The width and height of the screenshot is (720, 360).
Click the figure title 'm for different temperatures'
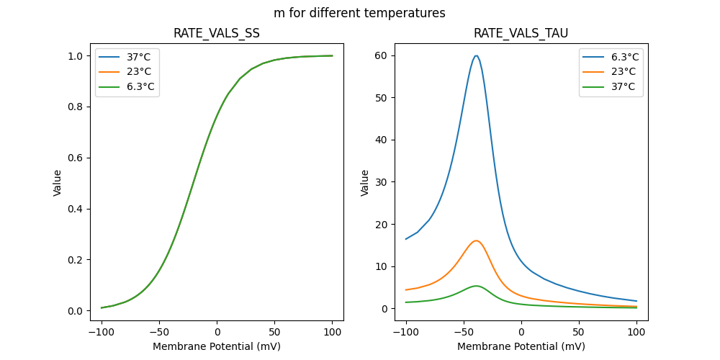point(359,13)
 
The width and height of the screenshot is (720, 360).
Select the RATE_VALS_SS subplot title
point(217,34)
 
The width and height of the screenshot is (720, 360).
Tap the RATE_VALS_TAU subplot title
point(521,34)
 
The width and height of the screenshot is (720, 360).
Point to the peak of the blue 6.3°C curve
point(476,55)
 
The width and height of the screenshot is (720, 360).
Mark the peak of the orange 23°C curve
point(476,240)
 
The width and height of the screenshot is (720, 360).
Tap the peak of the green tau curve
point(476,286)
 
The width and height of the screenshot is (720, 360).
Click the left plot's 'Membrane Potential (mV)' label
point(217,346)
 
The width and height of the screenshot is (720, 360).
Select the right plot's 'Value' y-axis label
point(365,183)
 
